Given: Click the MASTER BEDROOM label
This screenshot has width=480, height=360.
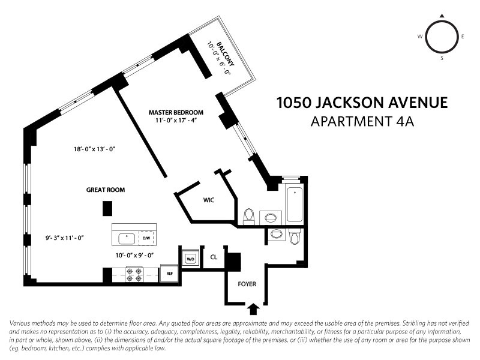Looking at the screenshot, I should coord(176,112).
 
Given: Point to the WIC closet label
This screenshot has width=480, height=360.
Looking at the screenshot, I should coord(209,199).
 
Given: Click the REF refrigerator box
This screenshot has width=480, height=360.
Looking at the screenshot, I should coord(170,273).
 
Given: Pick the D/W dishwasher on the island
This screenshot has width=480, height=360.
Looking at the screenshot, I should coord(146,238).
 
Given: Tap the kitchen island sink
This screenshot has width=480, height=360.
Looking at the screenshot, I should coord(127,238).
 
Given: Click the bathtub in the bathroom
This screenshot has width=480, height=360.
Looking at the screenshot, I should coord(295,205).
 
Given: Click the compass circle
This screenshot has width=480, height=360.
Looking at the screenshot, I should coord(442,37).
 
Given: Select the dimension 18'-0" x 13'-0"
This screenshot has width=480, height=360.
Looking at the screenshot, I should coord(92,149).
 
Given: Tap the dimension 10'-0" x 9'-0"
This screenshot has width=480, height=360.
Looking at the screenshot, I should coord(136,255).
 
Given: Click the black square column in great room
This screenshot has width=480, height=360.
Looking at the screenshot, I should coord(107,208).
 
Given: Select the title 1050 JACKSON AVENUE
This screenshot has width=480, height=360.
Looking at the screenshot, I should coord(362,103).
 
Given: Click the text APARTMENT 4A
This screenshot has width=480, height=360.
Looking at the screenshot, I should coord(362,122).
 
